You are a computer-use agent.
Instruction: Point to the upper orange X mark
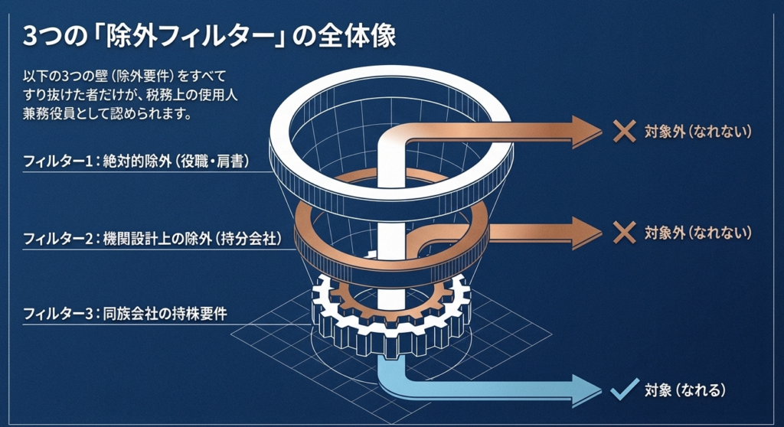point(624,132)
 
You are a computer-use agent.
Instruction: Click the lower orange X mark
point(624,232)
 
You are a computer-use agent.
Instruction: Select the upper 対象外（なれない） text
point(699,132)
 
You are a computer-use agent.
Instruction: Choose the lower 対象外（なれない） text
point(699,232)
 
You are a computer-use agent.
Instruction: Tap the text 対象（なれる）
point(684,391)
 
